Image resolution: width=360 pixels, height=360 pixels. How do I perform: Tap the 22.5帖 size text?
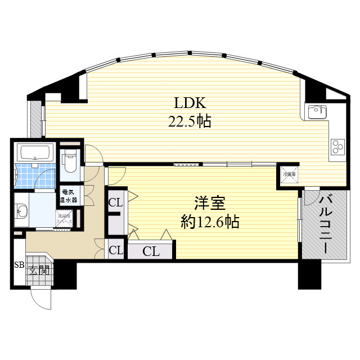[189, 120]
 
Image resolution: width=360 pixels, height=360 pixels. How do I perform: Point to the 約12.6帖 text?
[210, 222]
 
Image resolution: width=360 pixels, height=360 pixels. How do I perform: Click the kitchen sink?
[317, 111]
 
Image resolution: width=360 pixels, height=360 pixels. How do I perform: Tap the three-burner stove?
[337, 146]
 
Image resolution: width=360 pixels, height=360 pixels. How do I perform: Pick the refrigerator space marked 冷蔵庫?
[288, 175]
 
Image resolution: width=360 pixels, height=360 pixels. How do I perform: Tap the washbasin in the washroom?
[21, 211]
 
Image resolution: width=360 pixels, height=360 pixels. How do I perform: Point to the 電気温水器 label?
[70, 195]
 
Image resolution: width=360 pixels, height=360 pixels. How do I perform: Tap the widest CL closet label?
[151, 251]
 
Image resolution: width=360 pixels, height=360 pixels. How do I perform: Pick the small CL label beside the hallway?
[115, 250]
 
